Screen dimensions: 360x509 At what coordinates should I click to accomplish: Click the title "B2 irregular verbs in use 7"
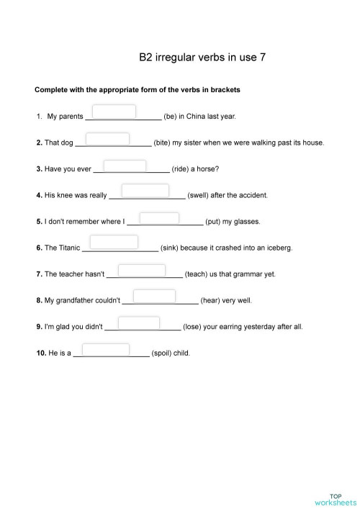202,57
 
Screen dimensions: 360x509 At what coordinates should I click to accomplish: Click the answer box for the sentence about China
114,112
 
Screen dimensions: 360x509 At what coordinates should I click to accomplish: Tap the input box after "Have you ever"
125,166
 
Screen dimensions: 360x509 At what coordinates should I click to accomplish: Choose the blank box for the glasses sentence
159,218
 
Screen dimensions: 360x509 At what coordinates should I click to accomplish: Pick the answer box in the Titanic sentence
114,242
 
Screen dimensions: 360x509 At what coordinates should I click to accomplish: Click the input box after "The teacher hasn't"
141,271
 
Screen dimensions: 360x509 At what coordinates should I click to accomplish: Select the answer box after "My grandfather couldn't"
154,296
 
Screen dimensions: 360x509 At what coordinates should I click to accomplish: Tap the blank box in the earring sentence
138,323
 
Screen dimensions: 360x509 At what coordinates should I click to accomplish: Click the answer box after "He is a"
106,350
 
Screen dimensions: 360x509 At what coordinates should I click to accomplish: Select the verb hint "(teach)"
196,274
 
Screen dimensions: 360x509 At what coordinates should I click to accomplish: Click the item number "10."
41,353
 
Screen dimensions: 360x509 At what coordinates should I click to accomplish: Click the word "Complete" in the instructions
50,90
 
